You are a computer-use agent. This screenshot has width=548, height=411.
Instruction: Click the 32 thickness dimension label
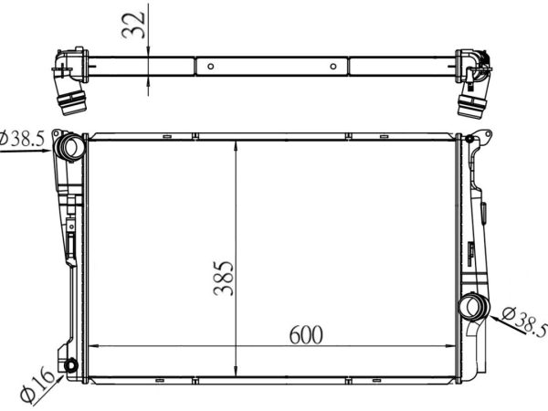click(x=133, y=25)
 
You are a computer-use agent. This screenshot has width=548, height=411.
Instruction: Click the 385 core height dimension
click(x=224, y=278)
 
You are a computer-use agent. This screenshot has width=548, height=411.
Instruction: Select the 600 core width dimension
click(x=306, y=335)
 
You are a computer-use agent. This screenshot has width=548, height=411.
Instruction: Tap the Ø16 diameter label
click(x=37, y=385)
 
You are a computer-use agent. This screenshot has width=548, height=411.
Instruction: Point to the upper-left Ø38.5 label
click(x=22, y=139)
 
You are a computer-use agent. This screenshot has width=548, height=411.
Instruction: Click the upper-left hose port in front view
click(x=71, y=147)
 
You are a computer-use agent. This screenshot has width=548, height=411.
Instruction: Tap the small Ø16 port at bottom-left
click(x=71, y=365)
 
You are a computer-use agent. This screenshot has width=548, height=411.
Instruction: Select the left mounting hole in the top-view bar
click(x=210, y=67)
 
